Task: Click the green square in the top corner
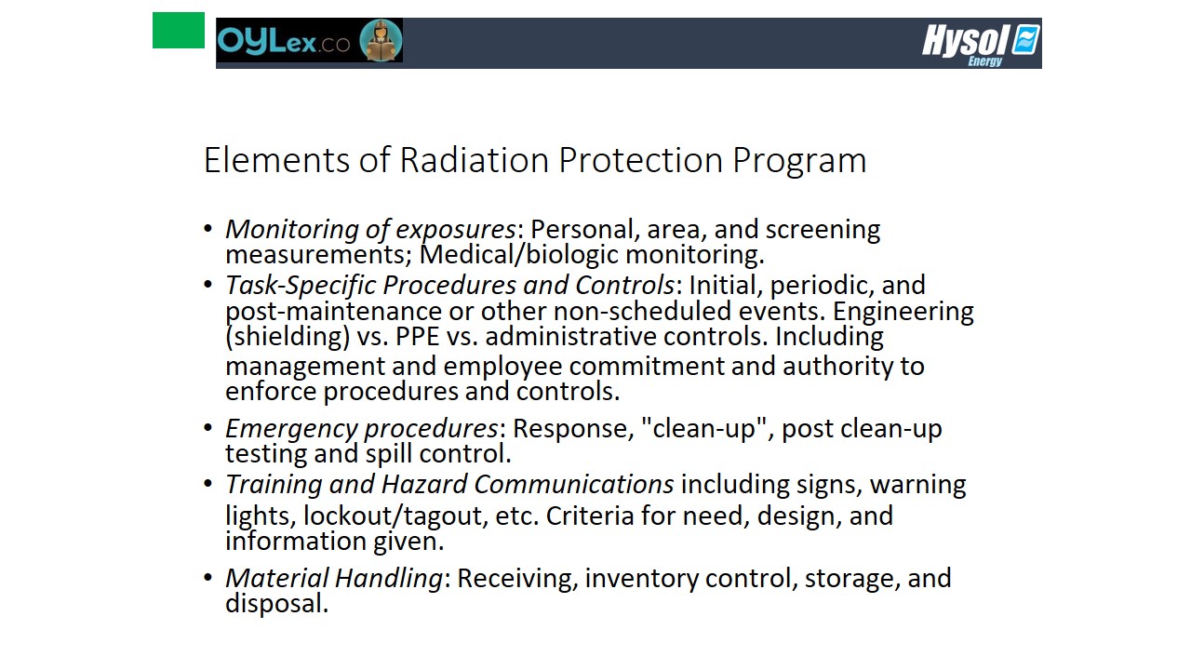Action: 178,31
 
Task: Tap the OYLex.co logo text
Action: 284,41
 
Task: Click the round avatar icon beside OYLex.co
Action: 381,40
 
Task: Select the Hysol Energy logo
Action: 981,45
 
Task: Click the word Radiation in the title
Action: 475,159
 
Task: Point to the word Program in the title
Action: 799,161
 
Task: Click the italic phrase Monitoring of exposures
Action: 370,230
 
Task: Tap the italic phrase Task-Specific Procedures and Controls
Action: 449,285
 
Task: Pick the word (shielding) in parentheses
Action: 288,337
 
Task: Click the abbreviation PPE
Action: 418,337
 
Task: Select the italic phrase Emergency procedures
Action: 362,429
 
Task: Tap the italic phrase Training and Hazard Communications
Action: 449,485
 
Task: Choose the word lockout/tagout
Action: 393,516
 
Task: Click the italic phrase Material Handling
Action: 334,579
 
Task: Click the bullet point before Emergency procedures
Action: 207,427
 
